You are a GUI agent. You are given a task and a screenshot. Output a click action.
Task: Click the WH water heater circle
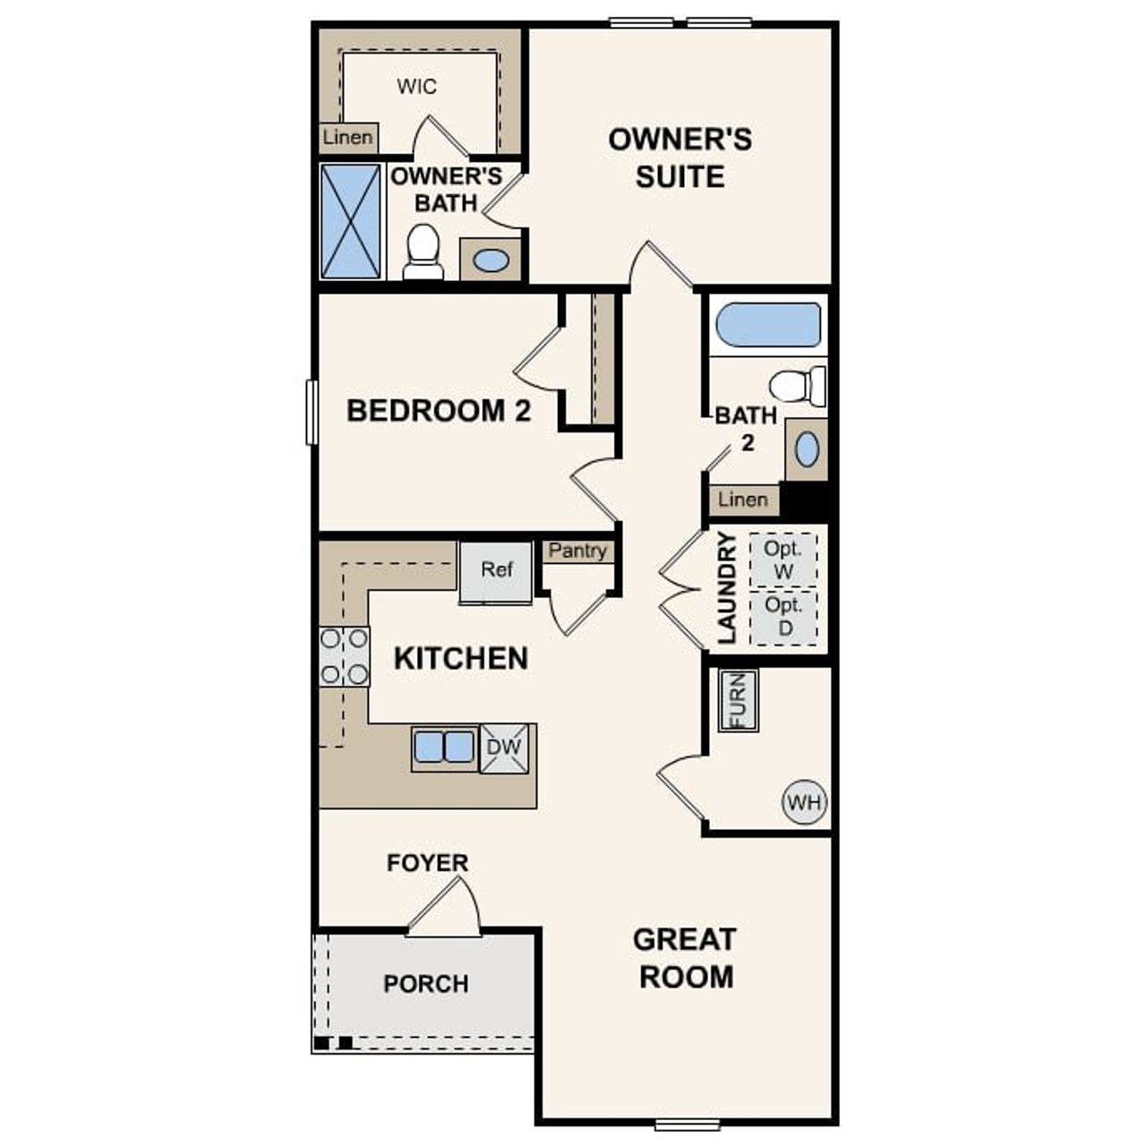click(804, 802)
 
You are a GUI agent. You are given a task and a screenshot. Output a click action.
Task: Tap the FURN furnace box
click(739, 700)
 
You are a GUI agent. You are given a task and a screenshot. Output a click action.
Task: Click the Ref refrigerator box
click(496, 572)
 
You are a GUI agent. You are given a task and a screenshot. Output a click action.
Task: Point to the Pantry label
click(577, 552)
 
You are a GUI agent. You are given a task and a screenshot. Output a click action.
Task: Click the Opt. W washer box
click(783, 560)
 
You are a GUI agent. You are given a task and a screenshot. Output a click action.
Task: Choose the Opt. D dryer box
click(783, 617)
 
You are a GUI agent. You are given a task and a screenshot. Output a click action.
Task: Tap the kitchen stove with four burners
click(345, 656)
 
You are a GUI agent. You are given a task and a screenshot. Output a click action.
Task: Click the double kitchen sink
click(444, 747)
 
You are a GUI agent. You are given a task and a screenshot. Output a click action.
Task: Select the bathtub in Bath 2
click(769, 325)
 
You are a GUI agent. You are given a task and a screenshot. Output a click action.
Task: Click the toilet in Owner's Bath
click(423, 252)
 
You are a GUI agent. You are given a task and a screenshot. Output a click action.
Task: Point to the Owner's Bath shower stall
click(350, 221)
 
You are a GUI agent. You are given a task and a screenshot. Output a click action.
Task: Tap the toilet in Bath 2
click(799, 385)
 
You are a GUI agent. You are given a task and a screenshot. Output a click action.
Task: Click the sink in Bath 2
click(807, 449)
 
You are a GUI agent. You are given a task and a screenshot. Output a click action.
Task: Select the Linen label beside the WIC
click(347, 138)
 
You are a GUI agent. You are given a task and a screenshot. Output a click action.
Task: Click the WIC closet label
click(417, 87)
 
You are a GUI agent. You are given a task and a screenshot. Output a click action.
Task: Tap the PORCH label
click(426, 984)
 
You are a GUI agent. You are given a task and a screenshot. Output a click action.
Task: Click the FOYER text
click(427, 863)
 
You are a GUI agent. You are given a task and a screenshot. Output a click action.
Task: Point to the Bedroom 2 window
click(312, 412)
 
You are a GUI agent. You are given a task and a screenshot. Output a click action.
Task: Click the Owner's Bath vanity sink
click(491, 261)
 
